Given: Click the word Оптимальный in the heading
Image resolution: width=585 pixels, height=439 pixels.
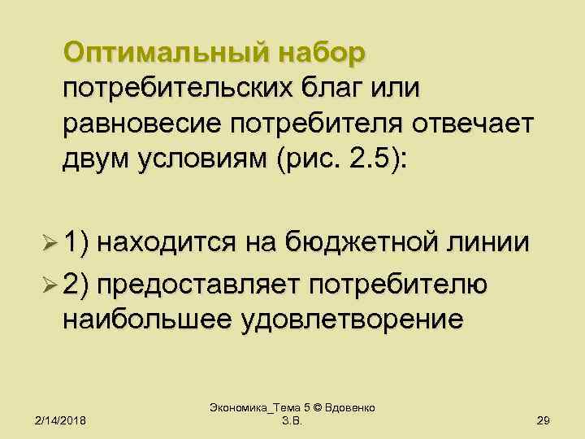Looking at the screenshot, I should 167,54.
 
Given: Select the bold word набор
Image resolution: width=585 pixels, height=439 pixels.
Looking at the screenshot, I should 322,54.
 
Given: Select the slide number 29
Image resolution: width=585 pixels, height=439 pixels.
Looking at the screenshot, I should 545,419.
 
